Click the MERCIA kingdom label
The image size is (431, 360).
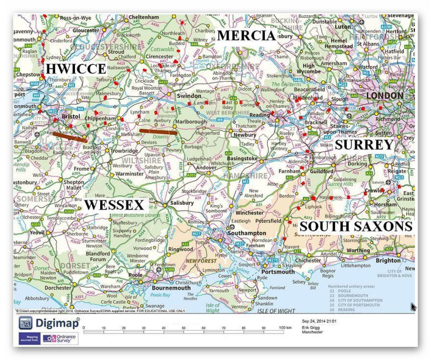246,36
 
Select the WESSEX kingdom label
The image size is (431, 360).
114,205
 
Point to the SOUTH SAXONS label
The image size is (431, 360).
356,226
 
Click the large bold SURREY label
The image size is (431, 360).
364,145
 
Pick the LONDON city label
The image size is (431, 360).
384,95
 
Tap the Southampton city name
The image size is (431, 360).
248,233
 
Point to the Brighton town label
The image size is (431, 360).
388,260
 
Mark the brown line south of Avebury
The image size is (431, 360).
158,132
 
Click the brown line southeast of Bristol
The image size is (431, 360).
69,137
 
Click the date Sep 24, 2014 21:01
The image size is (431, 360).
319,321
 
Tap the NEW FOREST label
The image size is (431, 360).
201,261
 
